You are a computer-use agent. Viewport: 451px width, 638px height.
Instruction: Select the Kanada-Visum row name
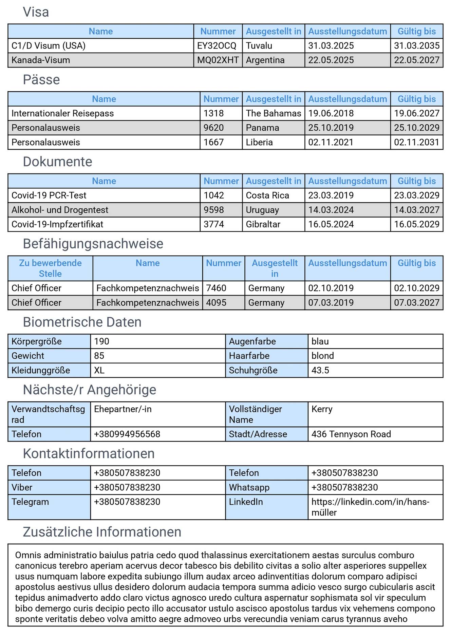(41, 60)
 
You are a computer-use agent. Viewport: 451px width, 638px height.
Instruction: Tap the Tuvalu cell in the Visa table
(259, 46)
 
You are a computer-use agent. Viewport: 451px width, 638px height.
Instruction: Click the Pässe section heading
(41, 80)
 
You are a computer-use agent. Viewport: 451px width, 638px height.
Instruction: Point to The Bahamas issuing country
(273, 113)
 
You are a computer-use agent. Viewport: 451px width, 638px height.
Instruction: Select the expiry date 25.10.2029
(416, 128)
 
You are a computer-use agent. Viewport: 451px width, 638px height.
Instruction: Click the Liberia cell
(259, 142)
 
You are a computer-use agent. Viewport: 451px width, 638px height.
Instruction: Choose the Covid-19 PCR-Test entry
(49, 195)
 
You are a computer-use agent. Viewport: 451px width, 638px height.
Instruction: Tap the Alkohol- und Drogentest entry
(60, 210)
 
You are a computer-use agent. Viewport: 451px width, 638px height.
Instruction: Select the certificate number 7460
(216, 288)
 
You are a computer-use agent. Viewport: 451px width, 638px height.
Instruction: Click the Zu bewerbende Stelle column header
(50, 268)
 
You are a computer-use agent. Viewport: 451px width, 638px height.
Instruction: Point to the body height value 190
(101, 341)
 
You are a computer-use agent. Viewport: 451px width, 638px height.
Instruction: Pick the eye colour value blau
(320, 341)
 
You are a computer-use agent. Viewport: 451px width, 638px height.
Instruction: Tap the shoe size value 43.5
(320, 370)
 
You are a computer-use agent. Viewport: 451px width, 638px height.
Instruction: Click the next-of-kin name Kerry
(322, 409)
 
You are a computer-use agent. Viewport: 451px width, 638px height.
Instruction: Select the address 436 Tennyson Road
(351, 434)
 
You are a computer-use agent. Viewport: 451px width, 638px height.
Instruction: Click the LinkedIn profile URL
(370, 507)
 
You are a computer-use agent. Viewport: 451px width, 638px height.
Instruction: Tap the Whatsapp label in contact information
(249, 488)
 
